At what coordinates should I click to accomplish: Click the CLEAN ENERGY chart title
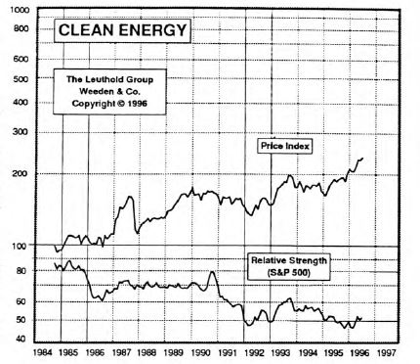[121, 30]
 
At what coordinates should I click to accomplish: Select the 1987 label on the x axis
[121, 353]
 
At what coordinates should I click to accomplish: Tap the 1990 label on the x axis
[200, 353]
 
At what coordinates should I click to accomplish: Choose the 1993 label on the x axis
[280, 353]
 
